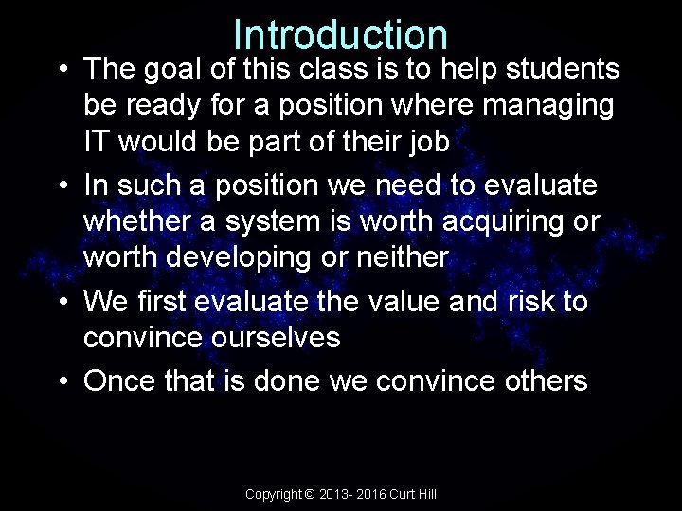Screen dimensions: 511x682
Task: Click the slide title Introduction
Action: pos(340,35)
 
